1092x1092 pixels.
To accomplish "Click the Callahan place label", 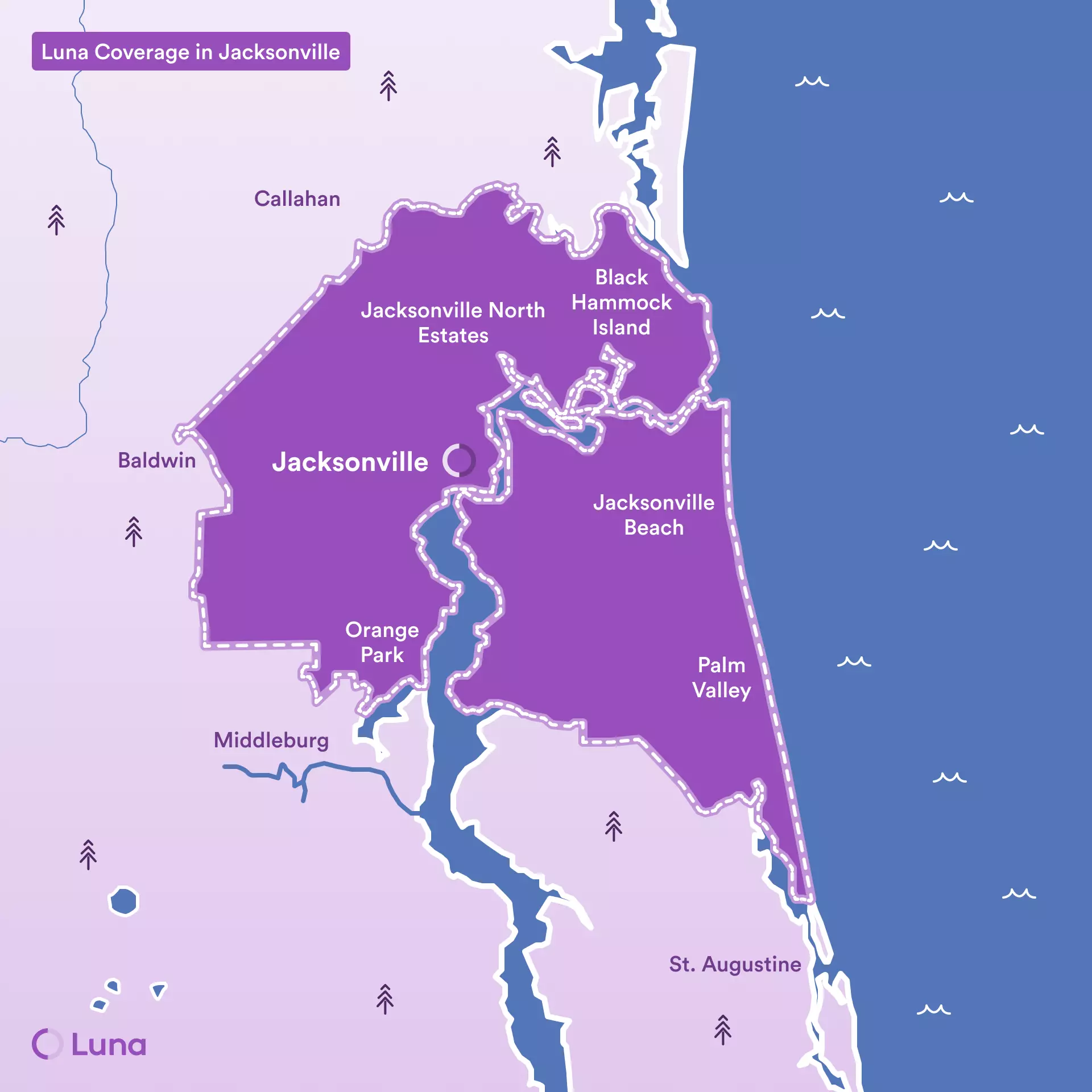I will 297,199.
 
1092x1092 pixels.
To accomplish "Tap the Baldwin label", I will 156,460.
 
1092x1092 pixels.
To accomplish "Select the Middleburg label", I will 271,740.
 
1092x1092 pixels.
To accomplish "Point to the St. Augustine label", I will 735,964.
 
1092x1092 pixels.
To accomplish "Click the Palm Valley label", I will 721,677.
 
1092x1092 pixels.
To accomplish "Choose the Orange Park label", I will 382,642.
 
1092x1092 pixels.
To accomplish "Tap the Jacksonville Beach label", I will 653,515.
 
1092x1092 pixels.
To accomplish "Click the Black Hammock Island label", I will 621,302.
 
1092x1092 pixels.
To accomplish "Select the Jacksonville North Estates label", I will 453,322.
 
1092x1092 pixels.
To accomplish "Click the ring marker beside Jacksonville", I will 459,460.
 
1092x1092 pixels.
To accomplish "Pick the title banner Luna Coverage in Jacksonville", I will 191,52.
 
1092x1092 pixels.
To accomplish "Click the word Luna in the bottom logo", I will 109,1044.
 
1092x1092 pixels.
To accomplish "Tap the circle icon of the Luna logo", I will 47,1044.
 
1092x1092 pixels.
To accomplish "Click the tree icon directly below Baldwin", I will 134,531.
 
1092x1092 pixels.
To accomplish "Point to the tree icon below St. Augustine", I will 722,1029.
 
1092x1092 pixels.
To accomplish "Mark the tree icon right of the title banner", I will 388,86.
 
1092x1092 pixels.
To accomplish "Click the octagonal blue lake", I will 123,901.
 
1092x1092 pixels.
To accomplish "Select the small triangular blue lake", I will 158,990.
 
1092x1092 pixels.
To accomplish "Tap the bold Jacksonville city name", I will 350,462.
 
